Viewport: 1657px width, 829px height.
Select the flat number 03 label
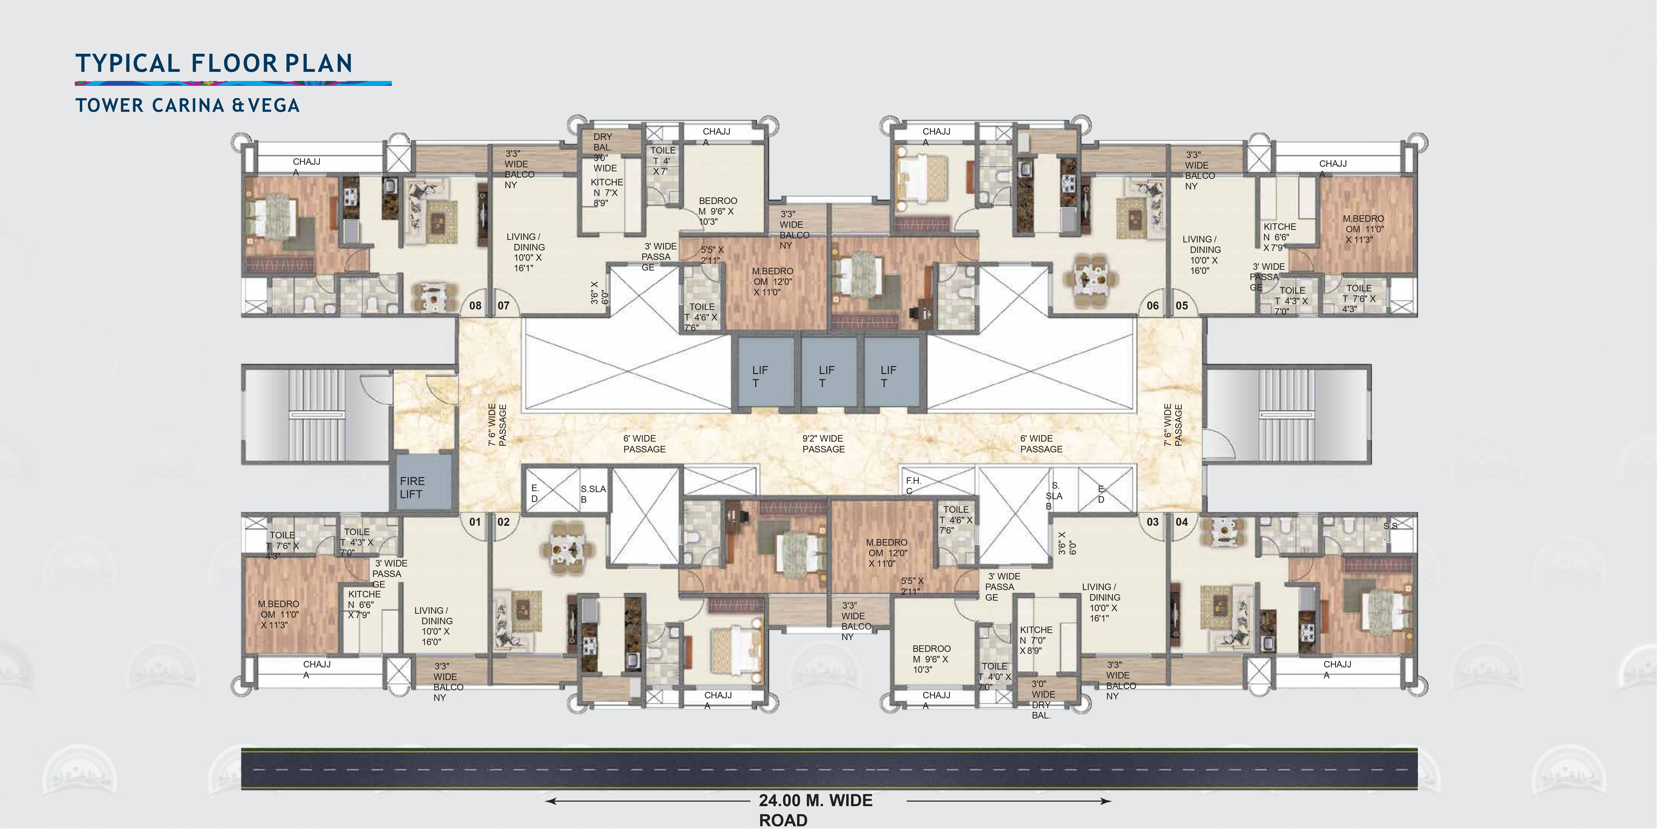point(1153,522)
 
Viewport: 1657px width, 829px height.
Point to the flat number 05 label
point(1182,305)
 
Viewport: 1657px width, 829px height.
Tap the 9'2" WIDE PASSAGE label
point(823,444)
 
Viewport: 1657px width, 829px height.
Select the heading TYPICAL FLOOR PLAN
point(214,63)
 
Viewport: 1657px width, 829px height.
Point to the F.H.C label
point(913,486)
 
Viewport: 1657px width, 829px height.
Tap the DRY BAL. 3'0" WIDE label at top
point(605,152)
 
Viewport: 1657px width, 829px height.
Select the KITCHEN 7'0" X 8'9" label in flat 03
point(1035,640)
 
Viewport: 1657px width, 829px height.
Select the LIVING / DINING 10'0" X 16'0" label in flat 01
point(434,626)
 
